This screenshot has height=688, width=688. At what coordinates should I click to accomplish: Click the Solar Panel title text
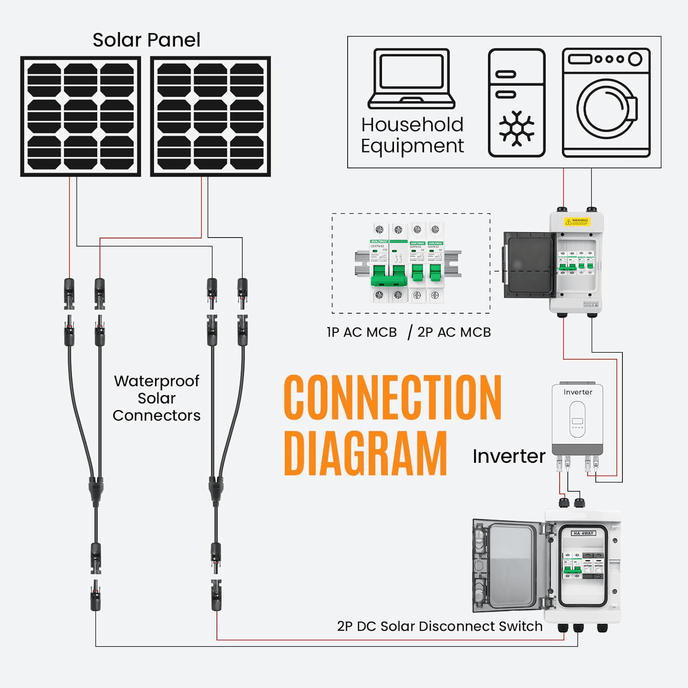tap(146, 40)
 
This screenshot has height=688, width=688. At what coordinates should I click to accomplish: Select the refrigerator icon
tap(516, 103)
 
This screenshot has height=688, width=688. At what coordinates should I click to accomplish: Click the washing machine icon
tap(606, 103)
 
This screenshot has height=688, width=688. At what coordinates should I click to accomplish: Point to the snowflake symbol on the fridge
tap(516, 128)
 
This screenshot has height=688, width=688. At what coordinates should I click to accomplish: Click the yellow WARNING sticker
tap(577, 221)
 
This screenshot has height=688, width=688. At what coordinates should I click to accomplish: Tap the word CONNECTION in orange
tap(393, 398)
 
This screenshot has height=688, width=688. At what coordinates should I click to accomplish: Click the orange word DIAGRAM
tap(366, 453)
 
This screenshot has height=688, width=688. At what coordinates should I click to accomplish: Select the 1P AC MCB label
tap(361, 332)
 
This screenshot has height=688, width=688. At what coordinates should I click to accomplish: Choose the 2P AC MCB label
tap(454, 332)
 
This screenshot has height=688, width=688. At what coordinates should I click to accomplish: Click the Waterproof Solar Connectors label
tap(156, 398)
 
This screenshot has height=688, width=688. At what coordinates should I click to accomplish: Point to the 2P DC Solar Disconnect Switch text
tap(439, 626)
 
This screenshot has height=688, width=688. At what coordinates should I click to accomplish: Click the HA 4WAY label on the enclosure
tap(583, 533)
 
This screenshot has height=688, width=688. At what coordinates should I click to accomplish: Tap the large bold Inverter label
tap(509, 456)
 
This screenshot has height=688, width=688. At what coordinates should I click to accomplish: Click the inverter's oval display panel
tap(577, 419)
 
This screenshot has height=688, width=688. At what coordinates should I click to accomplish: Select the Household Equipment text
tap(412, 135)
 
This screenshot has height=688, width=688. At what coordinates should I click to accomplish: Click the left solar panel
tap(81, 117)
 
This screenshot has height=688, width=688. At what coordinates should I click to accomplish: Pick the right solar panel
tap(211, 117)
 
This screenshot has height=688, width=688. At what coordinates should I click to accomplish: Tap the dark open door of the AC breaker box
tap(528, 265)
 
